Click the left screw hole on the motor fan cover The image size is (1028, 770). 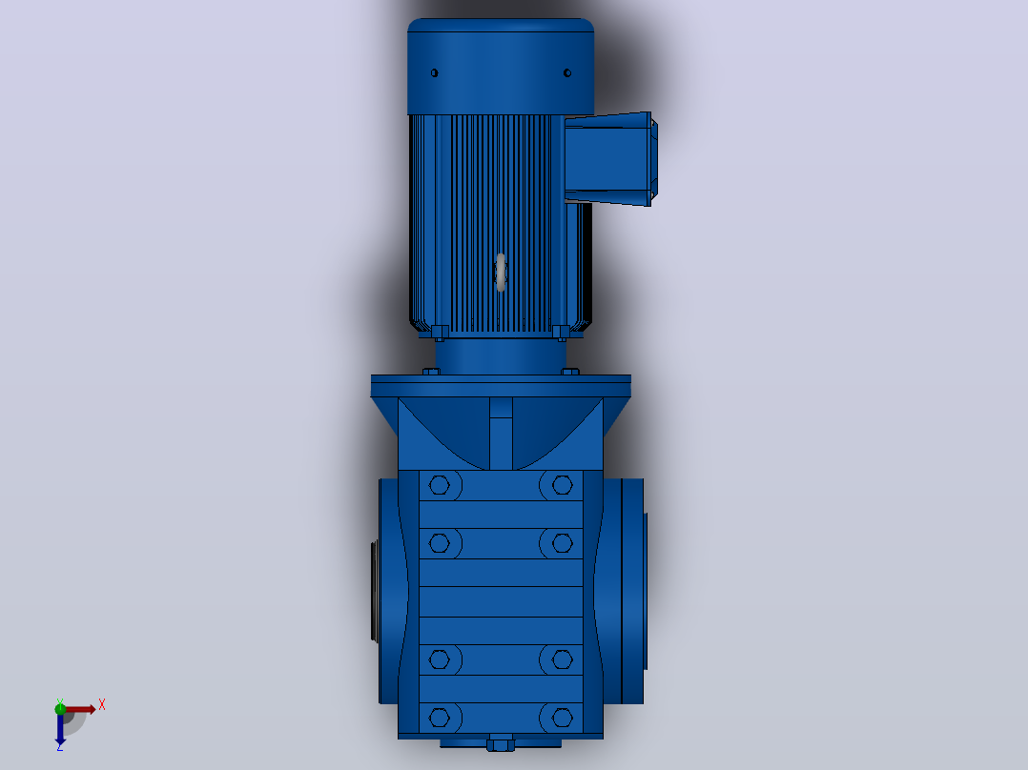click(x=434, y=72)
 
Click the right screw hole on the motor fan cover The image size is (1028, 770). click(x=567, y=72)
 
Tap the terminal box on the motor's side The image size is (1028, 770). click(x=610, y=158)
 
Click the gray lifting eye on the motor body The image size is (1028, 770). click(x=501, y=272)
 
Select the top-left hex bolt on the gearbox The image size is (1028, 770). click(x=440, y=485)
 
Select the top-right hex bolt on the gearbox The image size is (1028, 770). click(x=562, y=485)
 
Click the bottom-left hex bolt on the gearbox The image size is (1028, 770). click(x=440, y=718)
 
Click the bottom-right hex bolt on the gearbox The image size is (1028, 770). click(x=562, y=718)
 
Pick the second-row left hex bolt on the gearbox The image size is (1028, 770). click(x=440, y=542)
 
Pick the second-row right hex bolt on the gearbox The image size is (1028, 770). click(x=562, y=542)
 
